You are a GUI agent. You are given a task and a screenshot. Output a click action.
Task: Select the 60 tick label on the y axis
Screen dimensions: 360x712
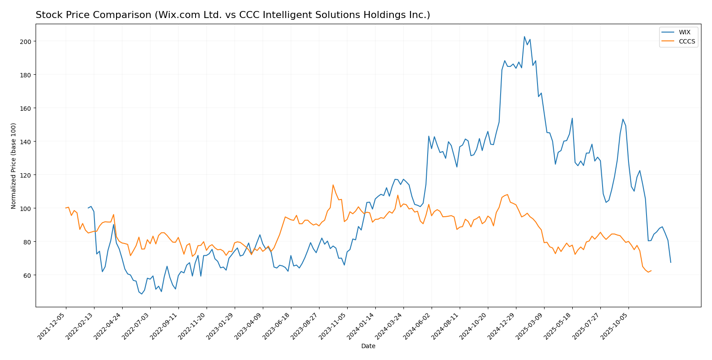[x=27, y=275]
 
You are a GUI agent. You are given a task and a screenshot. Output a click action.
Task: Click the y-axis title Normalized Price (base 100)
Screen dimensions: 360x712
[x=14, y=166]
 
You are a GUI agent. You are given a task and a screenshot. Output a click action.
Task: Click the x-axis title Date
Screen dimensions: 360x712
[x=368, y=346]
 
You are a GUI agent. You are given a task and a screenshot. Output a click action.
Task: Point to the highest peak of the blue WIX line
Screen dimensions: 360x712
[x=524, y=36]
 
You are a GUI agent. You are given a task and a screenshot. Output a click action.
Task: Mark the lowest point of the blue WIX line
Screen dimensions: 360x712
[x=142, y=294]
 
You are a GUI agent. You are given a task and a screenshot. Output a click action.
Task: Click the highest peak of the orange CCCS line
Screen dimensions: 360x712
[x=333, y=185]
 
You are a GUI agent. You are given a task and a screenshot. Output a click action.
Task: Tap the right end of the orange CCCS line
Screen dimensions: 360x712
[x=651, y=271]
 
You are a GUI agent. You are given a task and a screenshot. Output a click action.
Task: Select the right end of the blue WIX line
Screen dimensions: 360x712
[x=671, y=262]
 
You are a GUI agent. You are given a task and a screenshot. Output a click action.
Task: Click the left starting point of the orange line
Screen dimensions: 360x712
[x=66, y=208]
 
